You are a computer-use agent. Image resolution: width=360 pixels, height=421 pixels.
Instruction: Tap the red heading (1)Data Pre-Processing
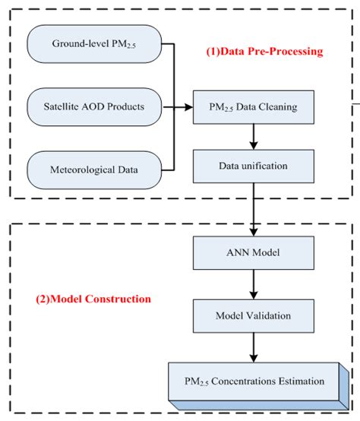click(264, 52)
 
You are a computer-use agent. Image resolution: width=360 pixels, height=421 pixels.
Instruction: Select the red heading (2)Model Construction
click(93, 299)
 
